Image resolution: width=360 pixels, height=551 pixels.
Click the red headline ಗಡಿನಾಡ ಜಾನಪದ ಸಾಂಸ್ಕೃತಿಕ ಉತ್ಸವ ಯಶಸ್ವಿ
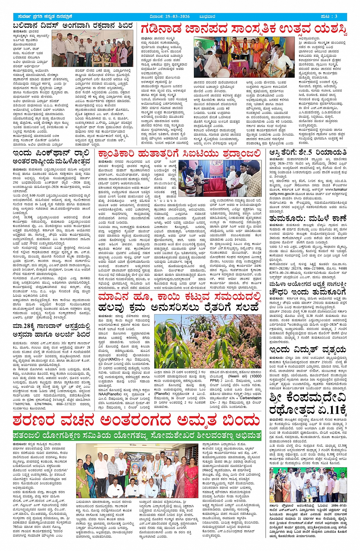(x=244, y=29)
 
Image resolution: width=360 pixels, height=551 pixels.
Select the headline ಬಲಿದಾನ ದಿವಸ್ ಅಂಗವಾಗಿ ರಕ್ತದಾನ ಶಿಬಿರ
(x=72, y=26)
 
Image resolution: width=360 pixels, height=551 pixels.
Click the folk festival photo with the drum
(x=244, y=57)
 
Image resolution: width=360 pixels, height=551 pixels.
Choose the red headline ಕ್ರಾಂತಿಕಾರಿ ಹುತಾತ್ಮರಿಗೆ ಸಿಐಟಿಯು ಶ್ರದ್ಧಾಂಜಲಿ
(x=179, y=154)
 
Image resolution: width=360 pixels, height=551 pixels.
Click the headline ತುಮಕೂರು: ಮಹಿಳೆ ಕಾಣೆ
(x=308, y=219)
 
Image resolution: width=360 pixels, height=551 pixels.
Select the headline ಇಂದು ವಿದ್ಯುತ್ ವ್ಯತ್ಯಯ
(x=308, y=350)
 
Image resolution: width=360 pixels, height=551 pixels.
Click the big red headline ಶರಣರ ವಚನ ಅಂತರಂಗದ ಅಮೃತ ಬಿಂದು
(x=136, y=421)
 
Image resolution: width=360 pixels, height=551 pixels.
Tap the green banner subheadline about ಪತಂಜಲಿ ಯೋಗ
(x=136, y=435)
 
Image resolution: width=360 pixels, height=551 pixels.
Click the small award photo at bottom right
(x=308, y=484)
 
